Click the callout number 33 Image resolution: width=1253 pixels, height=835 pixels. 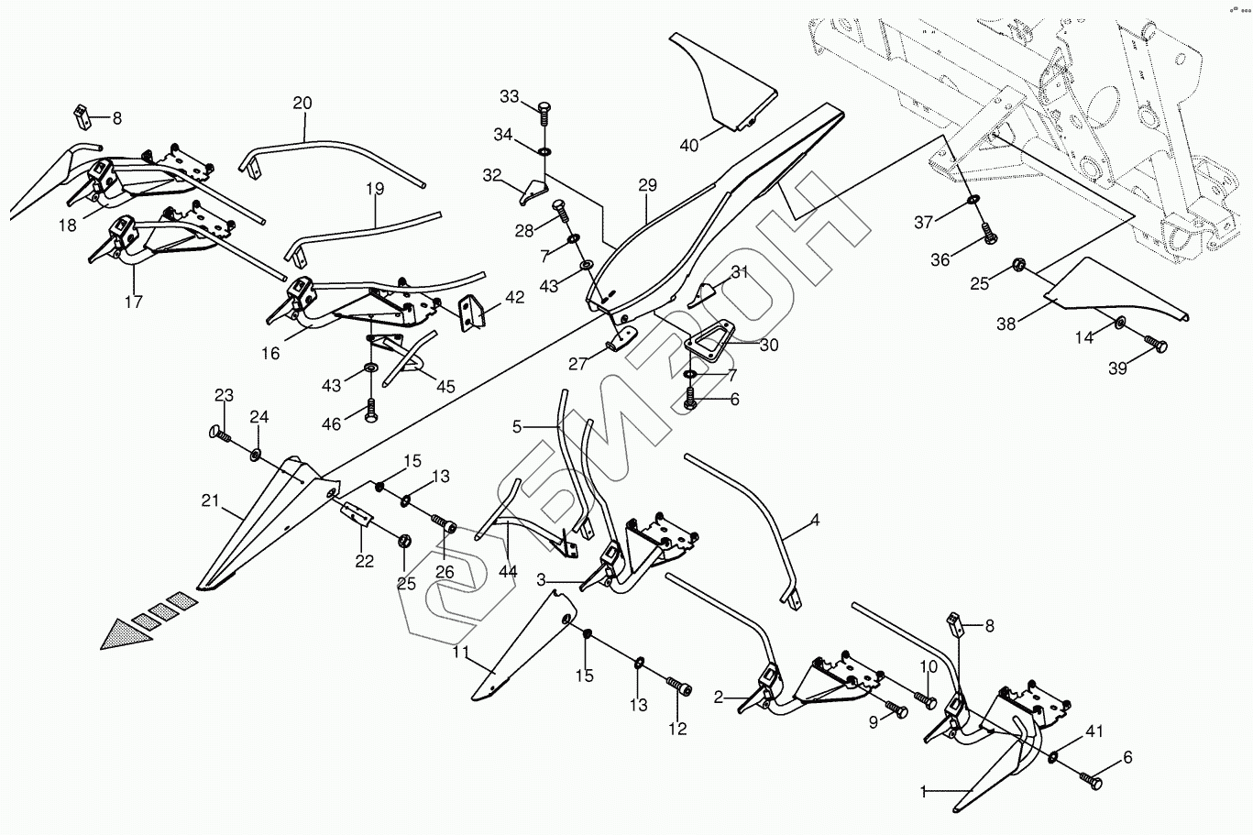point(510,97)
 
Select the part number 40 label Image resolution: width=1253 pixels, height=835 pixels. point(689,145)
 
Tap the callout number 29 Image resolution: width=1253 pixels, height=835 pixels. point(648,185)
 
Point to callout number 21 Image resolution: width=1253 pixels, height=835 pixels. point(211,500)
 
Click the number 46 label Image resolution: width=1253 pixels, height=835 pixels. point(331,424)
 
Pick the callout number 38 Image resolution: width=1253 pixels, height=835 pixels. point(1006,324)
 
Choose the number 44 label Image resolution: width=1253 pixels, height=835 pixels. point(508,572)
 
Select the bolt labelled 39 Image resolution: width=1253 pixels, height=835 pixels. point(1158,346)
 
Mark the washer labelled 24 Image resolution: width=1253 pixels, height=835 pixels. point(256,454)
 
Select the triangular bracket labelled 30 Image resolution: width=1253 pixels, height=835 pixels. point(709,341)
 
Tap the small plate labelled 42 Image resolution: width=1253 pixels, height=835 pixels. point(472,311)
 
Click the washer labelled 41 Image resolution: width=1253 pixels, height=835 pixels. point(1054,757)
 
